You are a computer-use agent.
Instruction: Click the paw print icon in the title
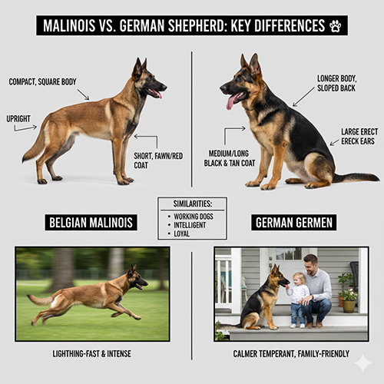334,26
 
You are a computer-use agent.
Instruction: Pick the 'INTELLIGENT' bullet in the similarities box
194,226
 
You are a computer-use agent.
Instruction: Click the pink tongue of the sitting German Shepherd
230,101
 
